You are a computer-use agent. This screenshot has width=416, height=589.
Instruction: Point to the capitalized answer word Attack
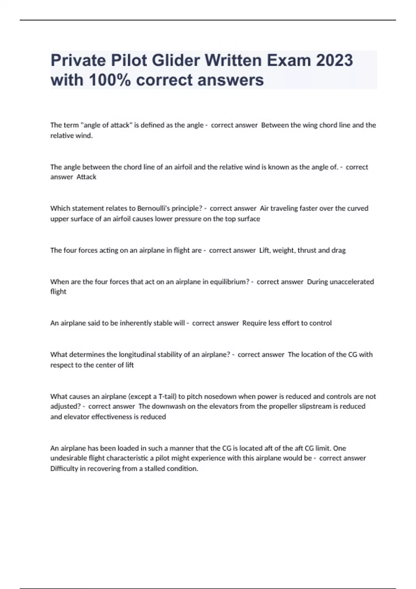(x=86, y=177)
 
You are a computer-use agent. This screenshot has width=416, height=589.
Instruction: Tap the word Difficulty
(x=64, y=468)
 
